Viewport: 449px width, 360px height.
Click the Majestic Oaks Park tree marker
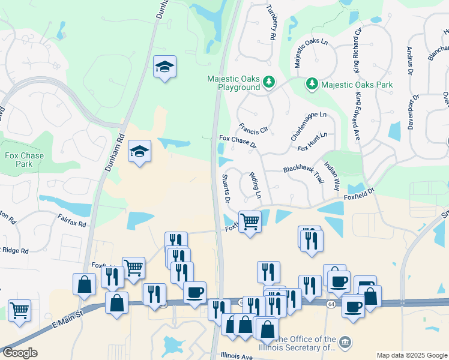[x=312, y=85]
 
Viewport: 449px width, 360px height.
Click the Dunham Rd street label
[x=115, y=152]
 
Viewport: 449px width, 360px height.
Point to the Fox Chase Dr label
[x=238, y=142]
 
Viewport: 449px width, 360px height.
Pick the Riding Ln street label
[x=255, y=185]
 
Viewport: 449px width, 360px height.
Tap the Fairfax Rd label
[x=72, y=221]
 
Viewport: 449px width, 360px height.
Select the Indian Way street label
[x=332, y=171]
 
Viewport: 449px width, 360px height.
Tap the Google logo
[x=19, y=353]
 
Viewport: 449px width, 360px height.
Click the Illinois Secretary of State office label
[x=306, y=343]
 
